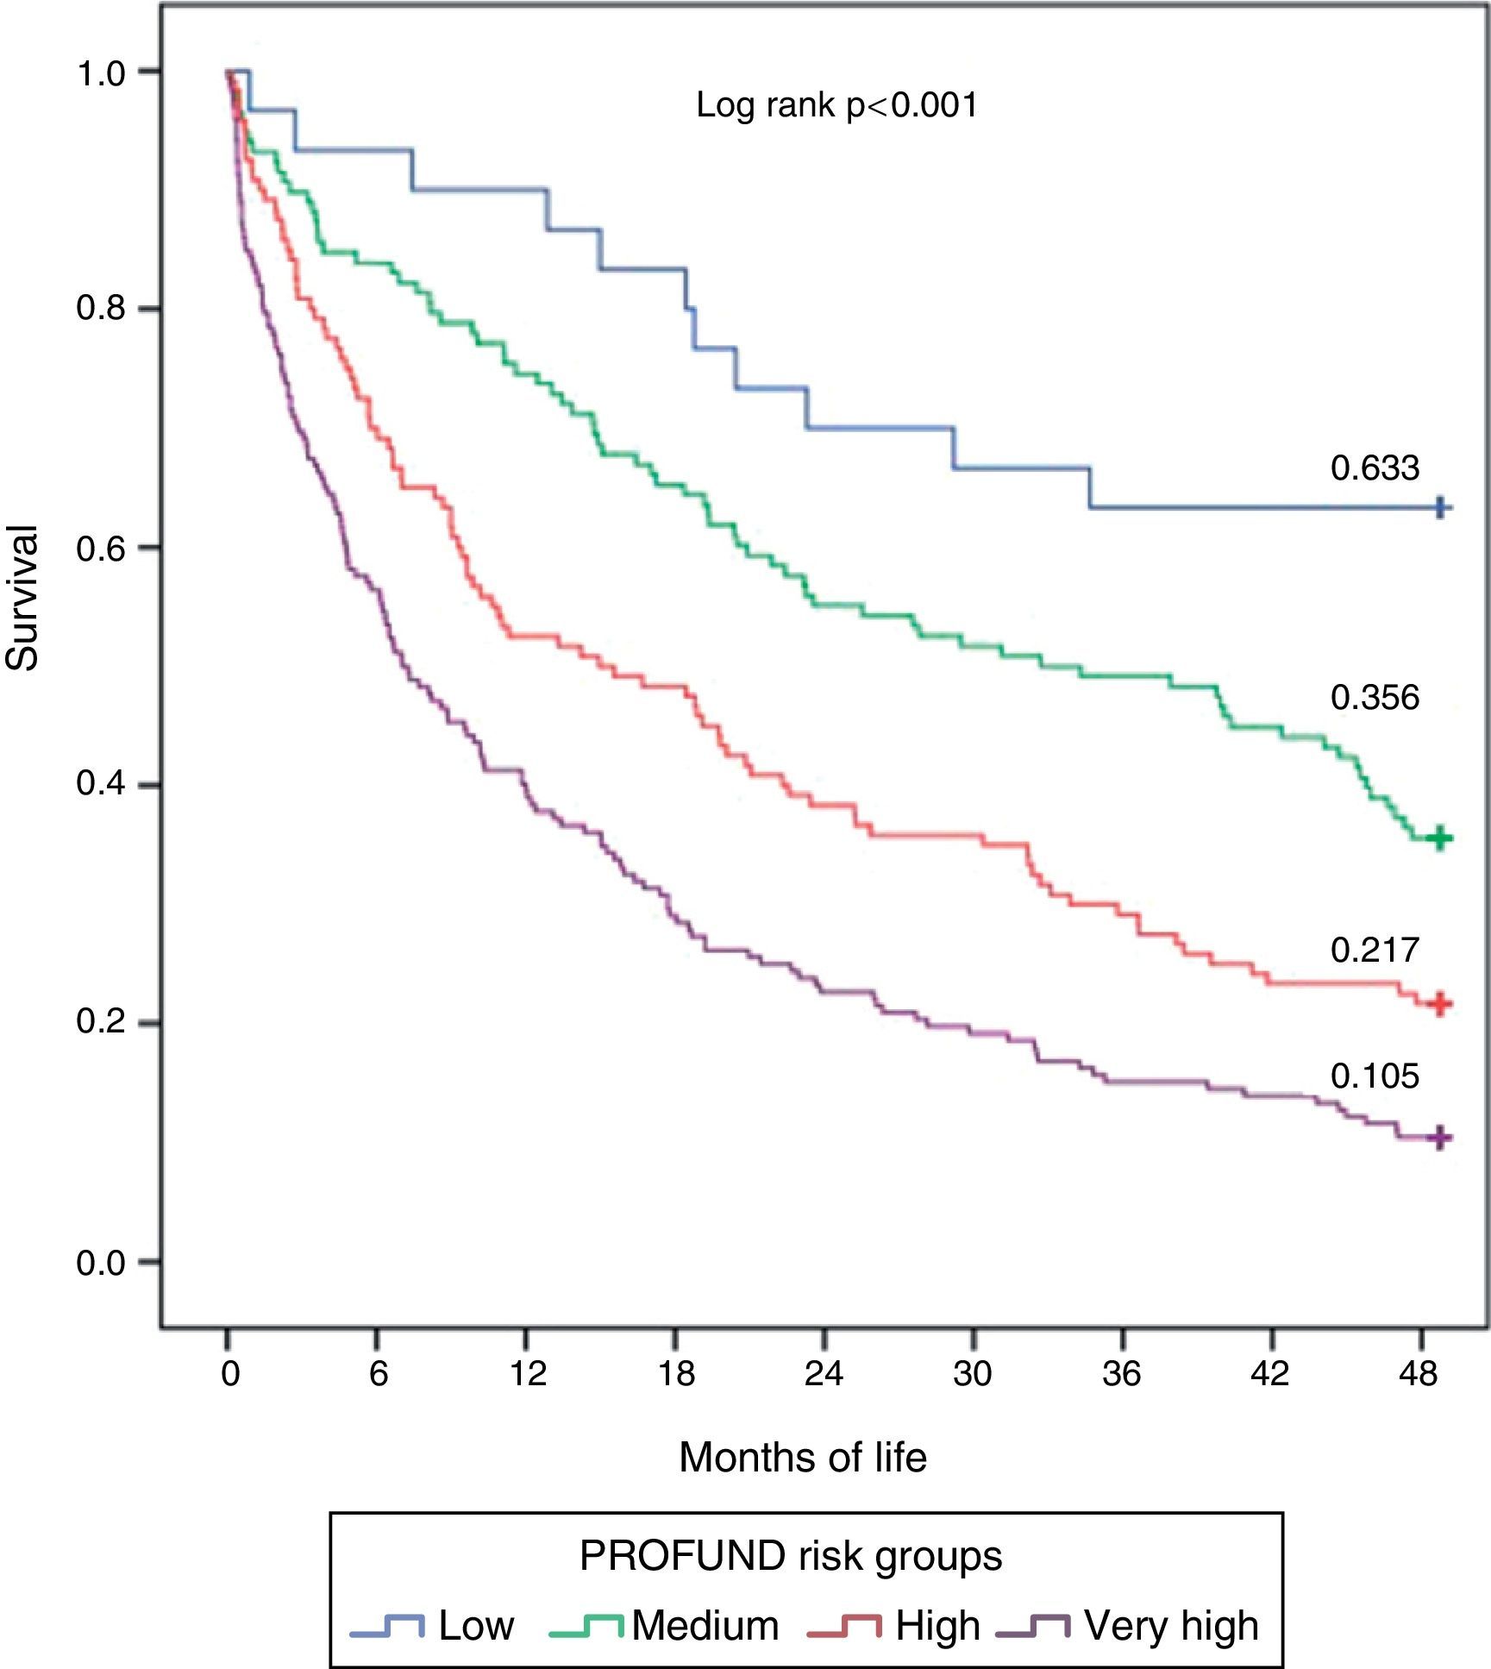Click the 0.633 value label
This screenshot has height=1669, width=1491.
tap(1374, 468)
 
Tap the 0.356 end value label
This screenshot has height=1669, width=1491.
tap(1374, 698)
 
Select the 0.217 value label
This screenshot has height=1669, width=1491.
tap(1374, 950)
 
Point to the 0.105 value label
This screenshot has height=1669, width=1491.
tap(1374, 1076)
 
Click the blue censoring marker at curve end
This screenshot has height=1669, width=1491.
tap(1439, 508)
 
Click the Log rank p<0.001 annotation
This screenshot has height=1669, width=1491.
tap(836, 106)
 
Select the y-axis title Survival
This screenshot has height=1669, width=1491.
tap(23, 598)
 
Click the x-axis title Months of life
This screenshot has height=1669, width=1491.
tap(802, 1458)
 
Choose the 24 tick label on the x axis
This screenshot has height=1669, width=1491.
tap(824, 1373)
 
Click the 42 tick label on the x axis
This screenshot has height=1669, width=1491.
tap(1270, 1373)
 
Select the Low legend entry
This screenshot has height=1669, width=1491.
tap(476, 1625)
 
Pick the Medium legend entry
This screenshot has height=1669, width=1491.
tap(705, 1625)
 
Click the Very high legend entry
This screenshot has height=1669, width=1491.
tap(1171, 1625)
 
